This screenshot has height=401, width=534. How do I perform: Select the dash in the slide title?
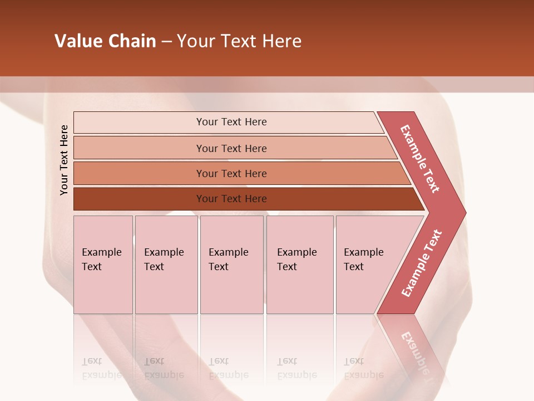166,42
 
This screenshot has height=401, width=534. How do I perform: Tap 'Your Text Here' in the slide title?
239,41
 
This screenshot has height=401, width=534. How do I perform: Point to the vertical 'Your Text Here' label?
64,160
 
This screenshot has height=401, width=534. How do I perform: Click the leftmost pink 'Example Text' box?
103,265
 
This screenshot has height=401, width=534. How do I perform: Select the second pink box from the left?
166,265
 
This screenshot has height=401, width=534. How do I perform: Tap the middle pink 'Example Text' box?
231,265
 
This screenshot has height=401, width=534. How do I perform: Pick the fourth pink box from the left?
300,265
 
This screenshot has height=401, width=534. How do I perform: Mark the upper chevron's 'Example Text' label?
420,159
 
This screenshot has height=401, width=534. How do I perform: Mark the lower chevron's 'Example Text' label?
422,263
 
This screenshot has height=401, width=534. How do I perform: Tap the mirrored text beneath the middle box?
228,368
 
